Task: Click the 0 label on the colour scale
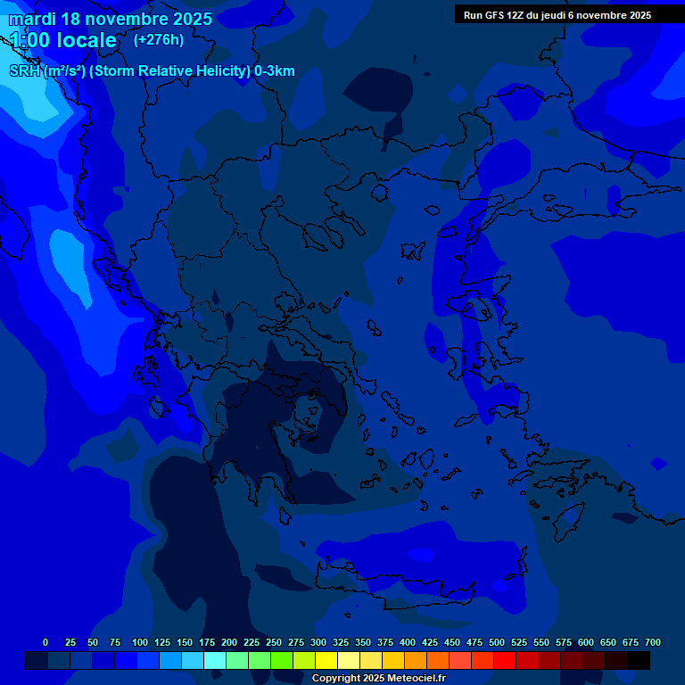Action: [45, 642]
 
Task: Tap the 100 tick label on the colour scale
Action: [140, 642]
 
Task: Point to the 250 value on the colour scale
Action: [274, 642]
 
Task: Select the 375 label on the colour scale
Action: [385, 642]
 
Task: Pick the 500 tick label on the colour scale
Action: [497, 642]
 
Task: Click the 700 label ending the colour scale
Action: [652, 642]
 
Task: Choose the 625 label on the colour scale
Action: [608, 642]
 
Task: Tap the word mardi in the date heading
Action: [32, 19]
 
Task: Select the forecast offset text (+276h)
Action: [158, 39]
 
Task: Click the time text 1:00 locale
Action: [62, 40]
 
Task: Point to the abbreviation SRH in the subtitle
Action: [24, 71]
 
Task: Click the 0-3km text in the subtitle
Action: [274, 71]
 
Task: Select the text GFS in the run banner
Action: [495, 15]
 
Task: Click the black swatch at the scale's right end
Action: [639, 660]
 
